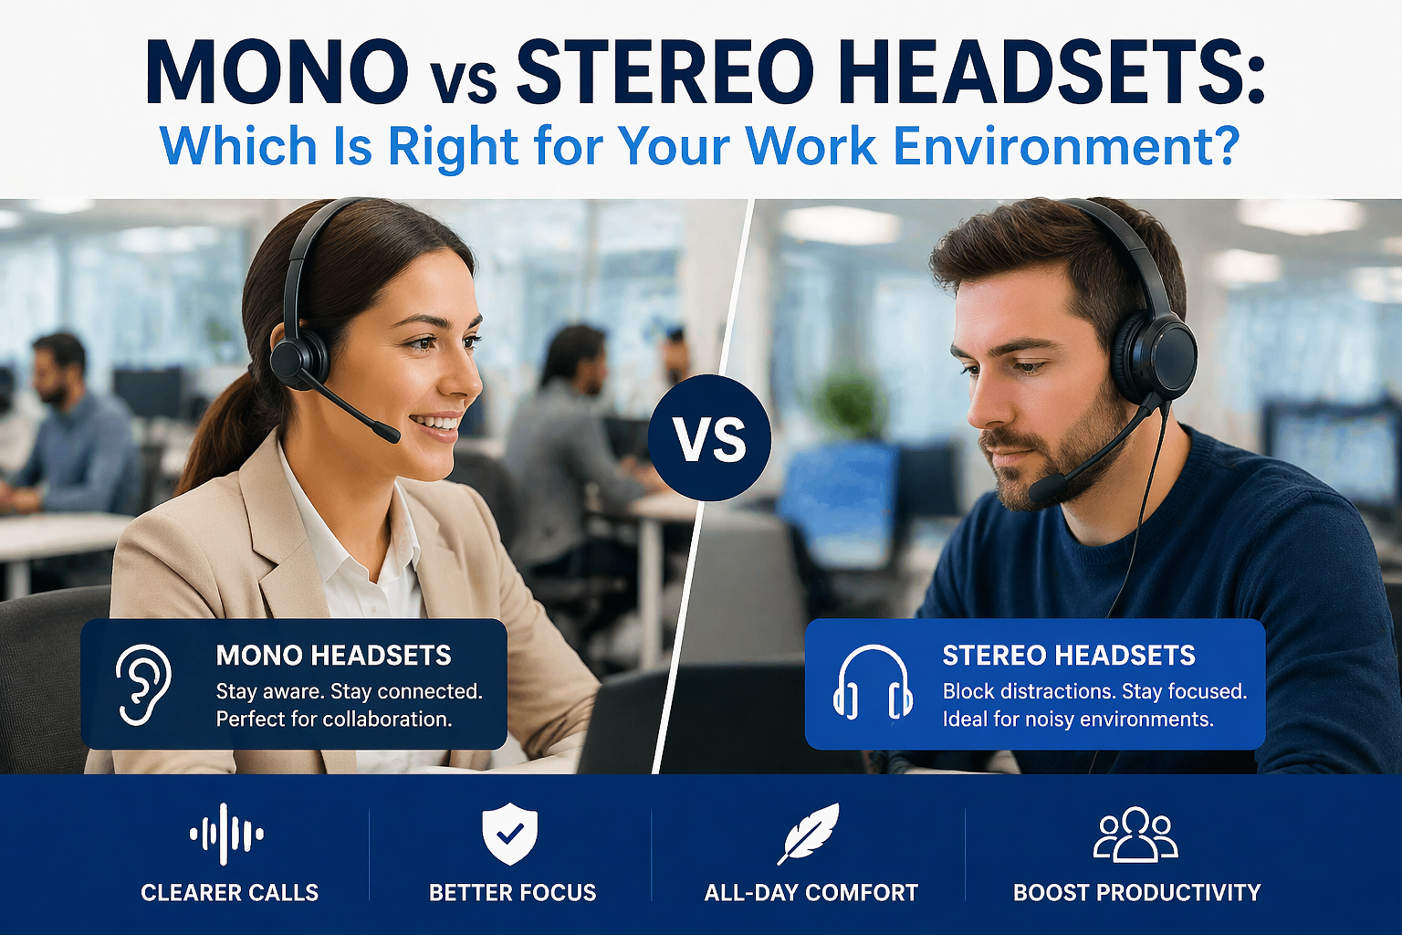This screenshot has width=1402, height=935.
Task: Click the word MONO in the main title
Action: tap(276, 71)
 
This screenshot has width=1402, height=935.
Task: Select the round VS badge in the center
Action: tap(709, 438)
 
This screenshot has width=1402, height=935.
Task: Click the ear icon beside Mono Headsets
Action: tap(144, 684)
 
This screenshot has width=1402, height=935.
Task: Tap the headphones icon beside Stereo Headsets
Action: tap(873, 682)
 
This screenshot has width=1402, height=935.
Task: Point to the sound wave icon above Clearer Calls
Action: tap(226, 834)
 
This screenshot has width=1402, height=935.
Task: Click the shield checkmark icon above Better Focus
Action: tap(509, 833)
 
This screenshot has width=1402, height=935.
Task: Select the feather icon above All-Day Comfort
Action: tap(809, 832)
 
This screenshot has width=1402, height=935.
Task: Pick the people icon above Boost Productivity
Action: tap(1135, 834)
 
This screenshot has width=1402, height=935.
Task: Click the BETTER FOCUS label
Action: tap(512, 892)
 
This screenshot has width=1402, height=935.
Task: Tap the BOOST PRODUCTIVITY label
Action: tap(1136, 892)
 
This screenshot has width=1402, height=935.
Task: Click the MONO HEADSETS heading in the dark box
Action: tap(333, 655)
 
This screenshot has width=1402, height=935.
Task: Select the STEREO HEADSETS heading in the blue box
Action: tap(1068, 655)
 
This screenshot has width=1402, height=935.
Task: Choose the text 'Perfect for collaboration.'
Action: tap(333, 720)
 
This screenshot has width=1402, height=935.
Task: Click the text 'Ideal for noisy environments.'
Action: tap(1077, 720)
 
